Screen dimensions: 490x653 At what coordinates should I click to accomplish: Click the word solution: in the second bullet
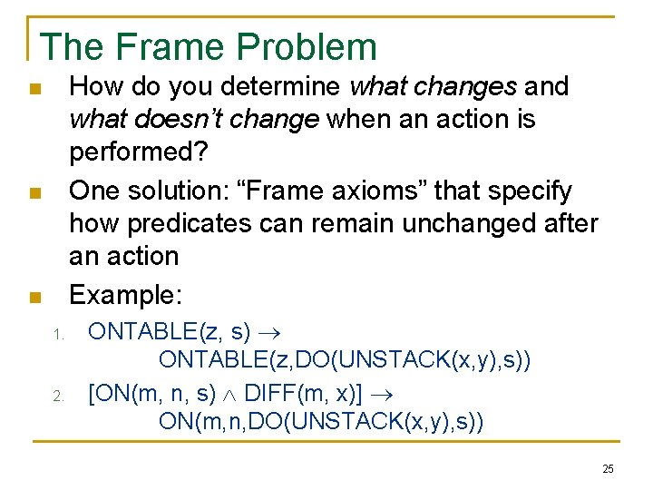(x=188, y=191)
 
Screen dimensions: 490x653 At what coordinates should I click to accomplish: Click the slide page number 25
(x=608, y=469)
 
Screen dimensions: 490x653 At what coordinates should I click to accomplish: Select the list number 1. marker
(x=57, y=335)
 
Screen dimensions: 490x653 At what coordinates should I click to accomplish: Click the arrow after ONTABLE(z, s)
(x=270, y=333)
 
